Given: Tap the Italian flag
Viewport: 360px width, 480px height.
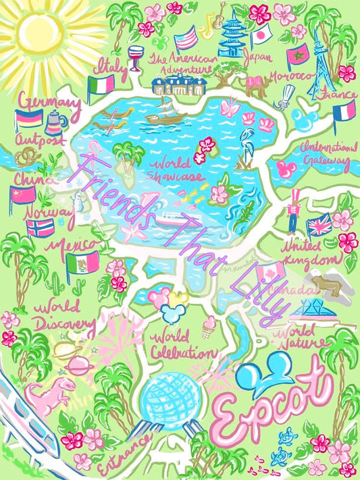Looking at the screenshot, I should [101, 85].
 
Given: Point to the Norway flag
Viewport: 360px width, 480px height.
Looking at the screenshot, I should [41, 226].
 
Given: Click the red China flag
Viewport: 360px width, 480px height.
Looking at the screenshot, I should [22, 195].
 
